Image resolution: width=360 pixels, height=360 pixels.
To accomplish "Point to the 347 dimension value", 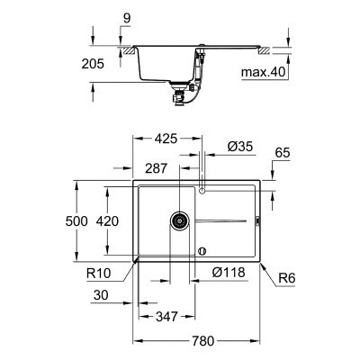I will point(165,316).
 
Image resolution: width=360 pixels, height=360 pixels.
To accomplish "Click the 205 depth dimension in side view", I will point(105,63).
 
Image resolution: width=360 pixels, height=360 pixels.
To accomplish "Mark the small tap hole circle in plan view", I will point(202,191).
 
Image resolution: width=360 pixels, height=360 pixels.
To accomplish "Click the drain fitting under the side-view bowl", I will point(181,88).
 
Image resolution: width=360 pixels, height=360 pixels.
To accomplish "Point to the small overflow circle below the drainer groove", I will point(202,250).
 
